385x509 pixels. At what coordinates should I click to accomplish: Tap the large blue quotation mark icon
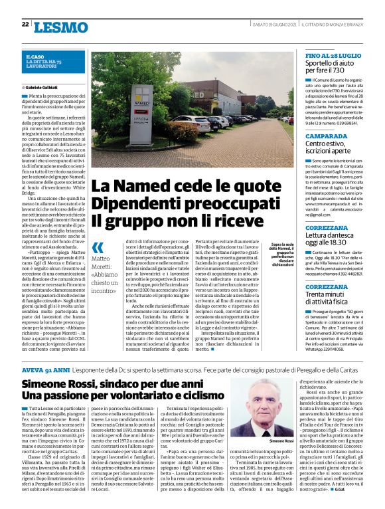point(98,247)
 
